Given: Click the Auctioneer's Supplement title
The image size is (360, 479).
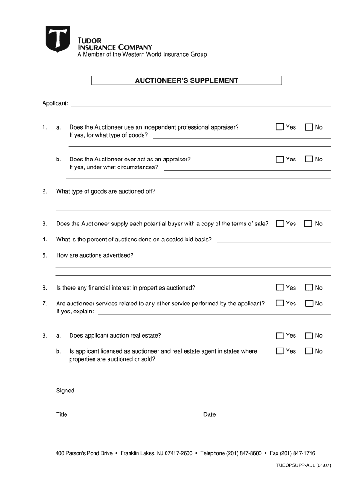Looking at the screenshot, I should click(x=187, y=80).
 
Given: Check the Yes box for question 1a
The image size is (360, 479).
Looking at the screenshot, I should click(x=280, y=127).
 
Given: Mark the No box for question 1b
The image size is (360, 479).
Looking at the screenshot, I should click(x=309, y=159).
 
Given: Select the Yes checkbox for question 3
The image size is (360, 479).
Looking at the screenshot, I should click(x=280, y=224).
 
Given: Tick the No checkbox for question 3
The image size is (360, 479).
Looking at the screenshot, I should click(x=309, y=224).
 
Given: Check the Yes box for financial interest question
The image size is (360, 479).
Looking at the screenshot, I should click(x=280, y=288).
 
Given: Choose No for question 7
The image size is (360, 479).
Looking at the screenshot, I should click(x=309, y=304).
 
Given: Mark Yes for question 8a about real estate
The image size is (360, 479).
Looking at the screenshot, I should click(x=280, y=335).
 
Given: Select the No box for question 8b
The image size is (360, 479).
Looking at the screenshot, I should click(x=309, y=351).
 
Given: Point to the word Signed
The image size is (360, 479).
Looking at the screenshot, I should click(x=65, y=391).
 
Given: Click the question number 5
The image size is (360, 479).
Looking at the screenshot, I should click(x=44, y=255).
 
